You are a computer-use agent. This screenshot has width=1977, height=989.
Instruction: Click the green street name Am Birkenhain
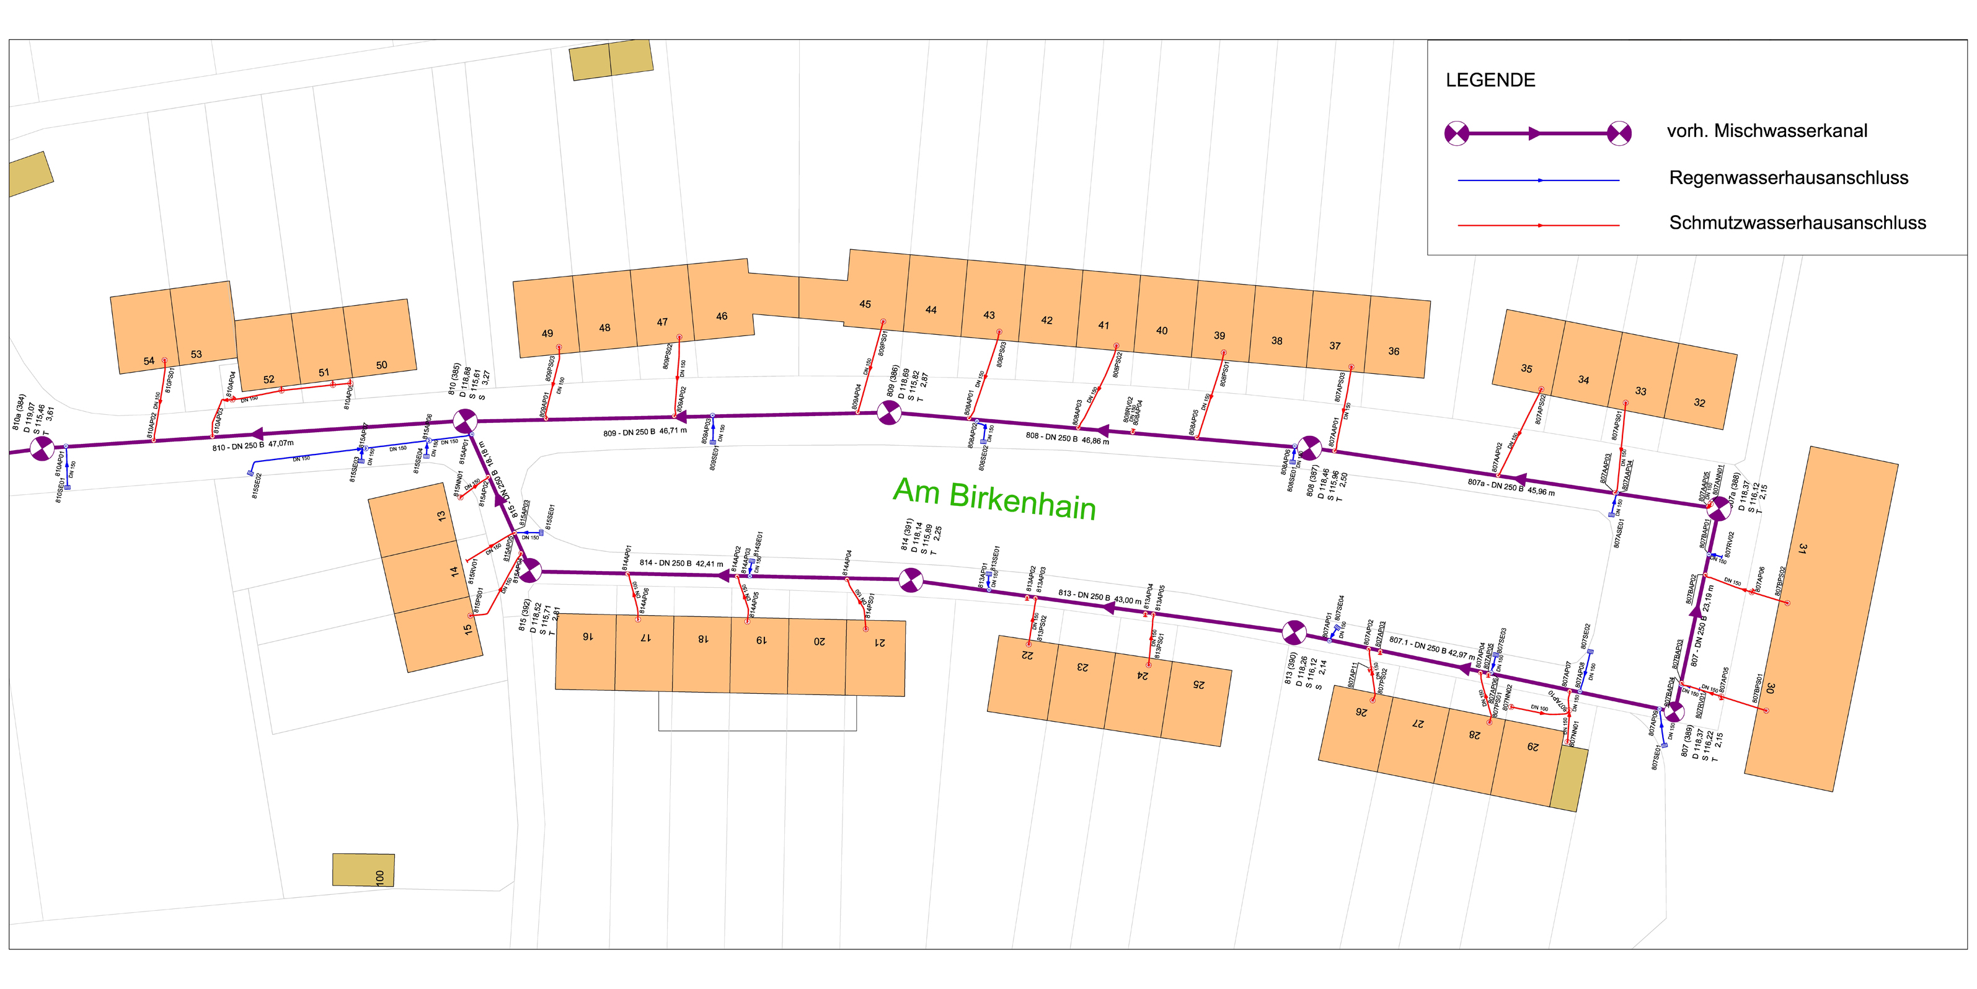point(994,500)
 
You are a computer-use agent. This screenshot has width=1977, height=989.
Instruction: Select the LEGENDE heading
point(1490,81)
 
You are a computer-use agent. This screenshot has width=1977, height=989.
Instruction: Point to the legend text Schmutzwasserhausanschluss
point(1797,223)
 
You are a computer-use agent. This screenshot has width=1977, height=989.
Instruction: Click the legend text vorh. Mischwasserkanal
point(1767,131)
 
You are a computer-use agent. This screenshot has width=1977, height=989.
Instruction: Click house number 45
point(865,304)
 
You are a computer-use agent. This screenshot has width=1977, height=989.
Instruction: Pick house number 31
point(1802,548)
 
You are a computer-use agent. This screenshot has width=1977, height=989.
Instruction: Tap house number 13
point(441,516)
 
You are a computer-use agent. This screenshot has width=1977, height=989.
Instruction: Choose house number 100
point(380,877)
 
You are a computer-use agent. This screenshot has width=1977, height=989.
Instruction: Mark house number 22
point(1027,655)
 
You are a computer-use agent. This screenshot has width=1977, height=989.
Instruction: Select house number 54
point(149,361)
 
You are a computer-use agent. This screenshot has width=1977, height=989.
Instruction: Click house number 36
point(1393,352)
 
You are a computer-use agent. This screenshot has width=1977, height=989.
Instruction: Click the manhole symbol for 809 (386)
point(889,413)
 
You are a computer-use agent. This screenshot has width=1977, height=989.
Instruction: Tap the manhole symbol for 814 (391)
point(910,580)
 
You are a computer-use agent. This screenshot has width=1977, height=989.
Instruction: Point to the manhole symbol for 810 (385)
point(464,421)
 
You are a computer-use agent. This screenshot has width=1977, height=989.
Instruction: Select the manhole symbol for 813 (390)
point(1294,632)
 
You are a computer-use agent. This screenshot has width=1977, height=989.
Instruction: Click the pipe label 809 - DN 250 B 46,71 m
point(645,432)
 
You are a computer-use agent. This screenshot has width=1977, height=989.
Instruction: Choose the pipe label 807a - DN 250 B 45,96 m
point(1510,487)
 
